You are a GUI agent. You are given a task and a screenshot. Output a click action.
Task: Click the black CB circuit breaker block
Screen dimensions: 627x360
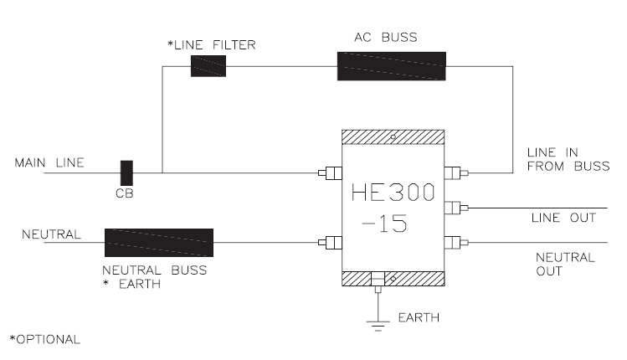126,172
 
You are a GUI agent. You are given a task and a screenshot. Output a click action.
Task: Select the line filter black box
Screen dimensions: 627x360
208,66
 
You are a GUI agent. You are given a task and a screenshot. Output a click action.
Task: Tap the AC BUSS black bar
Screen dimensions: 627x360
392,66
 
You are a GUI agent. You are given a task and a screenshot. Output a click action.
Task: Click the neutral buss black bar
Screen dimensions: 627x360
159,243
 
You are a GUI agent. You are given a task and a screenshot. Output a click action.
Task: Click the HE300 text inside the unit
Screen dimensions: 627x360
393,193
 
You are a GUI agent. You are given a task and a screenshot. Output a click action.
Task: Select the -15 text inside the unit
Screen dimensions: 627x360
384,224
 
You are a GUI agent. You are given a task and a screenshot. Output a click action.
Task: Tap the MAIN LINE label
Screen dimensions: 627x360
49,162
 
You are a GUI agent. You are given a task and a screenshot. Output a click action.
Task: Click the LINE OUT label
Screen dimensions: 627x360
564,218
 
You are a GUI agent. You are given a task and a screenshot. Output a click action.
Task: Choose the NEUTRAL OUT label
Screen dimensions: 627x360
565,264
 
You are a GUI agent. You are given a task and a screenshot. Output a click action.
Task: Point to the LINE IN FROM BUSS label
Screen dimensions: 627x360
568,159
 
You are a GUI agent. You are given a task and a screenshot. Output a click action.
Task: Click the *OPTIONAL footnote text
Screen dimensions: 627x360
45,339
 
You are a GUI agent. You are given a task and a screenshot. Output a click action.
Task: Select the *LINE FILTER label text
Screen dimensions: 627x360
212,45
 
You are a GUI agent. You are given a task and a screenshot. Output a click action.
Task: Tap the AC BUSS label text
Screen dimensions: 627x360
386,37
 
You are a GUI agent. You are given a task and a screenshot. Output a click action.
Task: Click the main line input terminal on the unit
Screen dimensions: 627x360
331,173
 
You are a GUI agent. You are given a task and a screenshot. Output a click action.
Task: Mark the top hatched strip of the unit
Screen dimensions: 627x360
393,136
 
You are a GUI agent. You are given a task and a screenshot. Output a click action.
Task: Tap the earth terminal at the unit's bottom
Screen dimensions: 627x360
378,282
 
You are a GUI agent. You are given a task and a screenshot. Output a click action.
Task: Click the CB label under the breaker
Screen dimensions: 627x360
125,193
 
